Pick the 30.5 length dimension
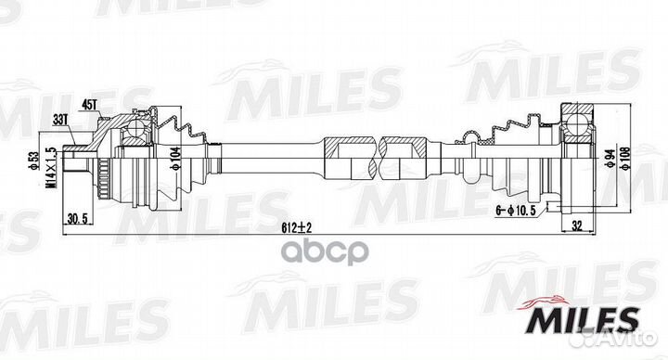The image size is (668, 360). click(80, 220)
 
